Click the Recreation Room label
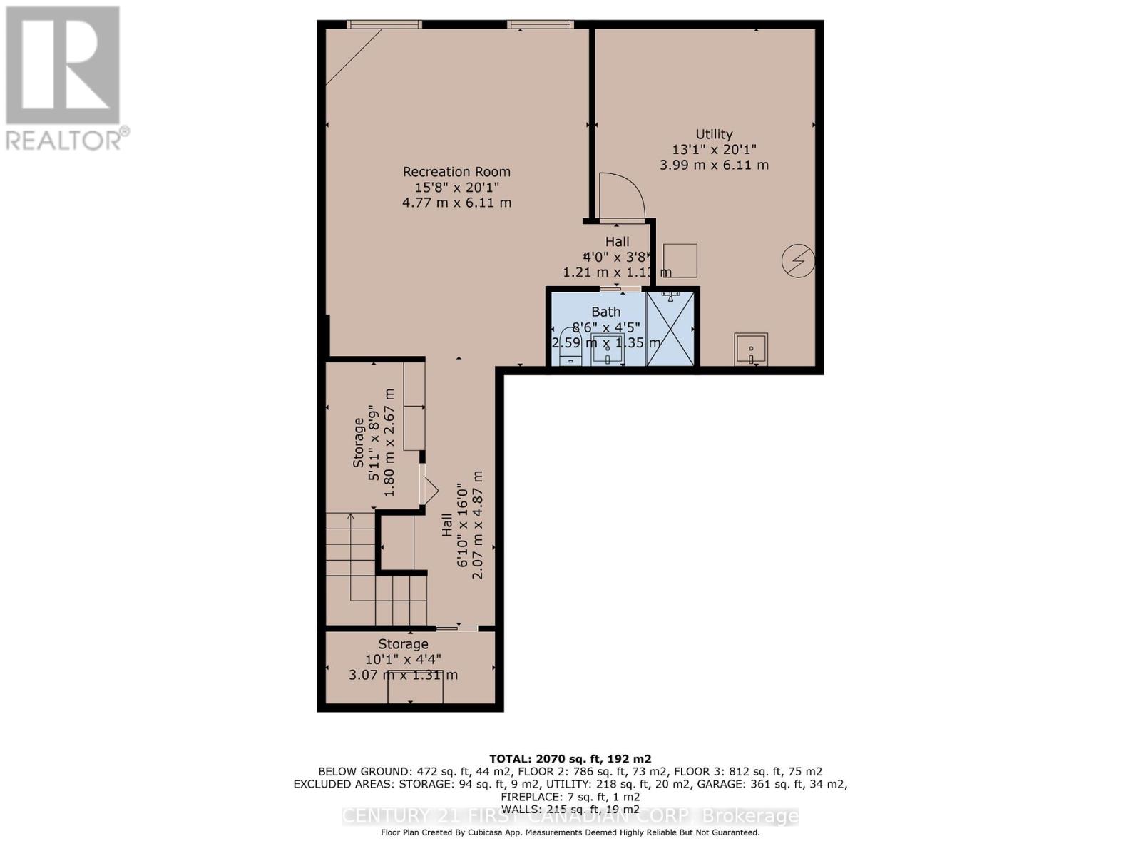tap(456, 172)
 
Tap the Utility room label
tap(714, 134)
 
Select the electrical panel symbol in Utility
tap(798, 260)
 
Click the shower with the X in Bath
tap(670, 328)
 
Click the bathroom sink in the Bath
tap(607, 350)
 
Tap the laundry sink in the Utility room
tap(751, 349)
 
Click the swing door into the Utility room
tap(620, 197)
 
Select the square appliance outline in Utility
tap(680, 260)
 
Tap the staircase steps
tap(374, 571)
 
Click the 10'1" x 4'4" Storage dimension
tap(403, 660)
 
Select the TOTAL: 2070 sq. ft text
tap(570, 758)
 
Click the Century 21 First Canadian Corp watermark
tap(570, 816)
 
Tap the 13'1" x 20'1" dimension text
tap(714, 150)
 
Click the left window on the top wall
tap(384, 24)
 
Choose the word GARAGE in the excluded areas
tap(752, 784)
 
